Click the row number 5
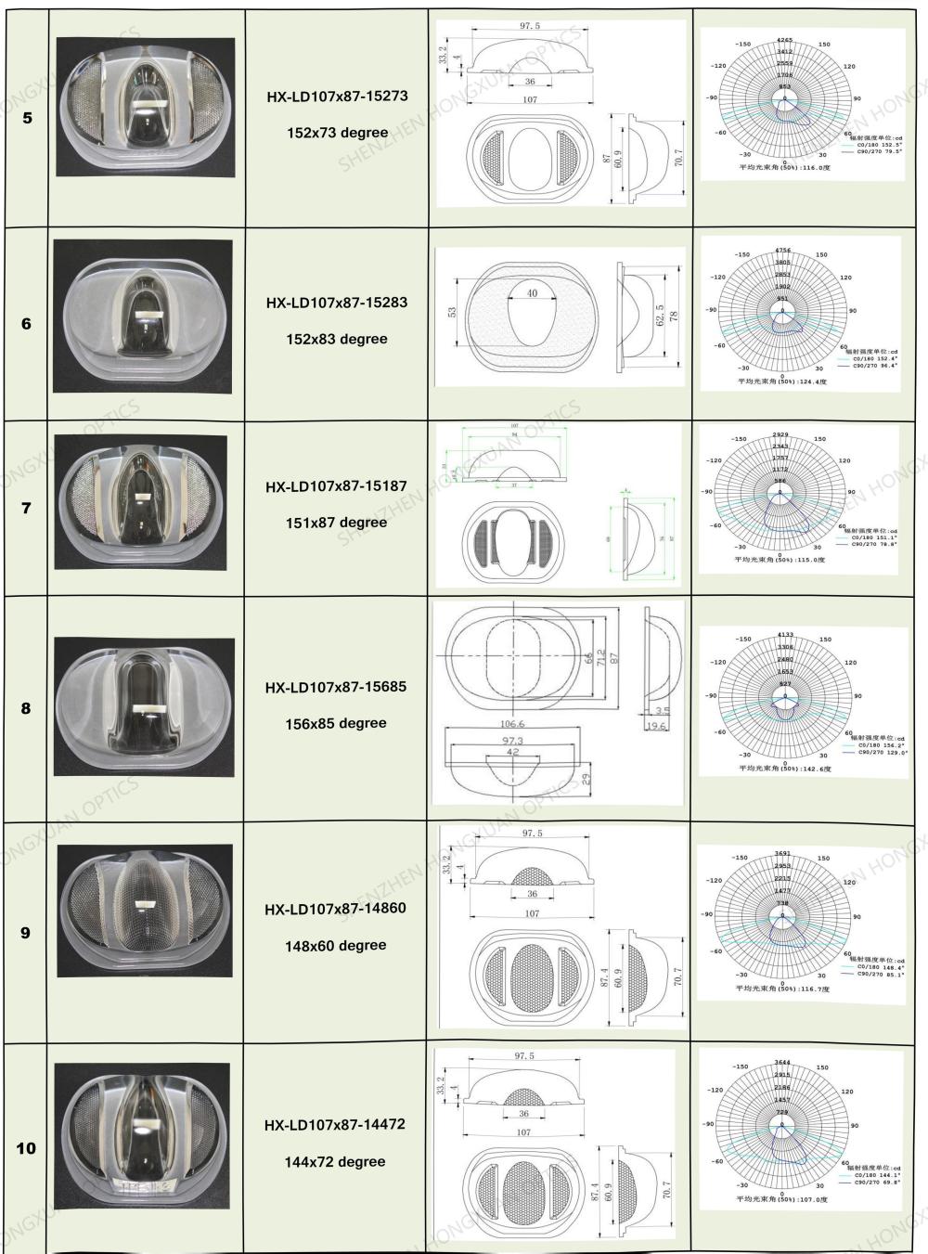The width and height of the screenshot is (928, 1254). [27, 119]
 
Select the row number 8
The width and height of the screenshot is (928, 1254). [26, 708]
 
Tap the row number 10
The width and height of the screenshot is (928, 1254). [26, 1148]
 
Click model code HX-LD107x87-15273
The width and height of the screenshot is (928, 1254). [337, 96]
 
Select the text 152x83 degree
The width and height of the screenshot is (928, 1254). [337, 339]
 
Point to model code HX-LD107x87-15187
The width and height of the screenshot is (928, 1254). [336, 486]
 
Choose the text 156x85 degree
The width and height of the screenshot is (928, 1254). [336, 723]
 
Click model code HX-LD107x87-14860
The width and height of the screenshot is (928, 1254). [335, 909]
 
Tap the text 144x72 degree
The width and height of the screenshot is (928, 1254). [335, 1161]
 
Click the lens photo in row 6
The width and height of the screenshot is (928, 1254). [142, 316]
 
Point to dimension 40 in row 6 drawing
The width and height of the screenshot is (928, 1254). [532, 293]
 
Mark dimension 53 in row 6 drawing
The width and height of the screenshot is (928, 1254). [453, 312]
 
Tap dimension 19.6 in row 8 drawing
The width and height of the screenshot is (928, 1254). [656, 726]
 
